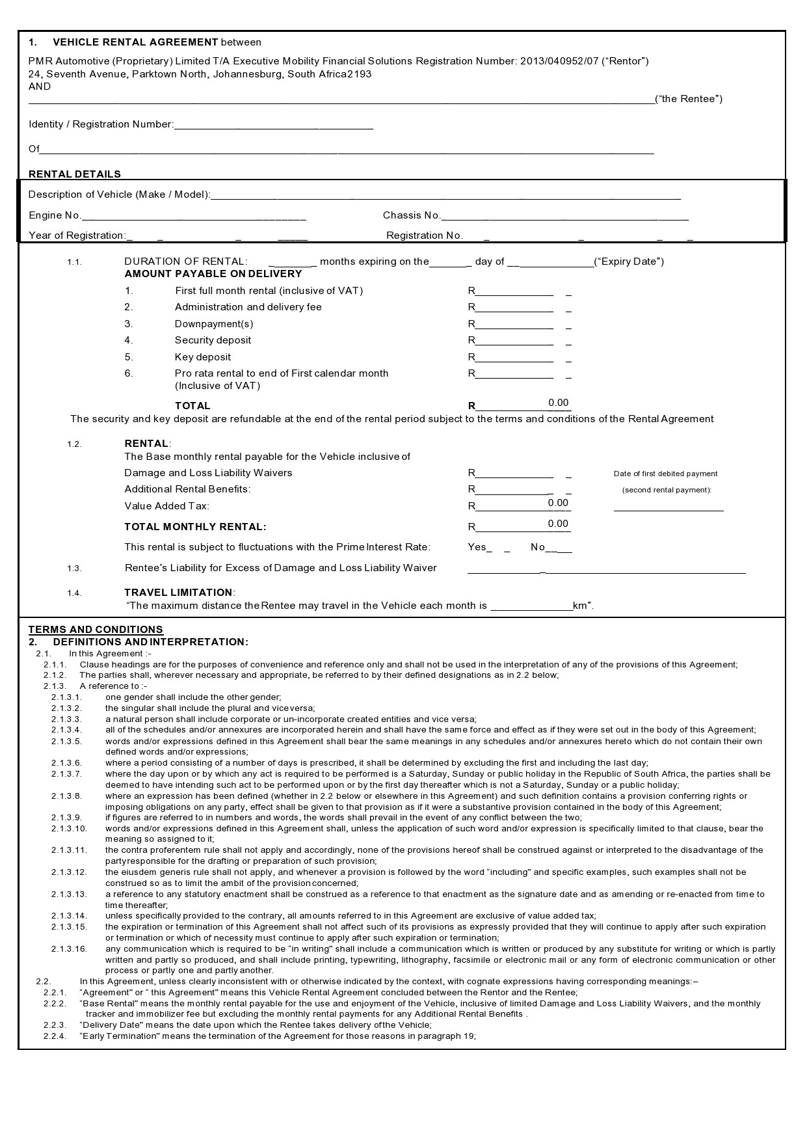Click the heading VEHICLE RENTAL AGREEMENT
[x=135, y=42]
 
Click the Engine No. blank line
[x=194, y=217]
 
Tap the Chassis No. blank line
[x=564, y=217]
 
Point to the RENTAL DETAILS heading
[x=75, y=174]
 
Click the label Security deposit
[x=213, y=340]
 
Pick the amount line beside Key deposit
[x=514, y=359]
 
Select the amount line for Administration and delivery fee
[x=514, y=309]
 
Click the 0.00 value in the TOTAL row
[x=559, y=403]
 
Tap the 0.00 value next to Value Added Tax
[x=558, y=503]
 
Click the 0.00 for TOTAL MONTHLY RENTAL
[x=558, y=524]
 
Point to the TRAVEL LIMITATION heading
[x=178, y=593]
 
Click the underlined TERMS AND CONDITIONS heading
[x=96, y=629]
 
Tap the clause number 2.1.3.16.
[x=69, y=949]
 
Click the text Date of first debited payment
[x=665, y=474]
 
